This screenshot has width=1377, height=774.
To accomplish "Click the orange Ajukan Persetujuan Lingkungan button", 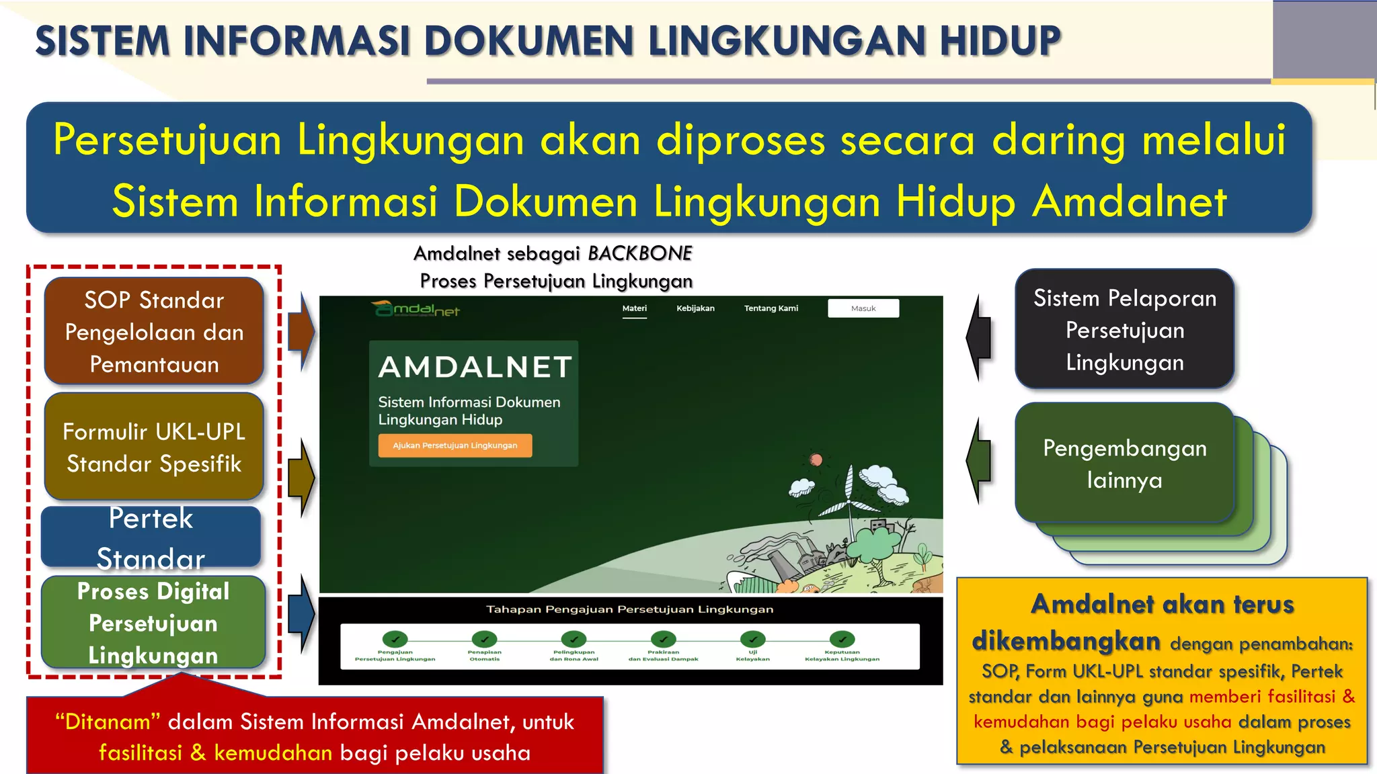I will point(455,445).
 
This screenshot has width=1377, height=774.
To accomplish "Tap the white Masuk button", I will point(863,308).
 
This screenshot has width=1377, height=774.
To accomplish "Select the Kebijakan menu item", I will point(695,308).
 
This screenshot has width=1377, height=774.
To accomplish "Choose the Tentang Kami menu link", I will point(771,308).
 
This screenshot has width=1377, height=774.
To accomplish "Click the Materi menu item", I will point(634,308).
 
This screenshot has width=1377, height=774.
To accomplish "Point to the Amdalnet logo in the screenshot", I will point(416,310).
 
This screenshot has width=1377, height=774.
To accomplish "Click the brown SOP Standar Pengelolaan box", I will point(154,332).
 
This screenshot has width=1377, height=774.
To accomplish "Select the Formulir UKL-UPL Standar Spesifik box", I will point(154,447).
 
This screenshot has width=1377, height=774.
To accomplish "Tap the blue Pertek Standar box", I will point(151,537).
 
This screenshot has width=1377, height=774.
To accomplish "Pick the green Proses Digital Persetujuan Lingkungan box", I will point(153,623).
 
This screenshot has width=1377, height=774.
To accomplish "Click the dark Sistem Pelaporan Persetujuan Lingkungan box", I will point(1124,330).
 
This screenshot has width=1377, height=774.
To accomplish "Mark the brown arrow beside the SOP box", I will point(301,332).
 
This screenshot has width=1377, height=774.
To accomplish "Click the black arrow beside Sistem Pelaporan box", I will point(979,337).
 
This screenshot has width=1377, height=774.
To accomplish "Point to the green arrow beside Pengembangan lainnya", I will point(979,461).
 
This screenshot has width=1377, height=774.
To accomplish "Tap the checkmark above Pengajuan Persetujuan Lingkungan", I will point(395,639).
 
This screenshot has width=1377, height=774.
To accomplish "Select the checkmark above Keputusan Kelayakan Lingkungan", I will point(842,639).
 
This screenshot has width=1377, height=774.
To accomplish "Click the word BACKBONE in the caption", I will point(639,253).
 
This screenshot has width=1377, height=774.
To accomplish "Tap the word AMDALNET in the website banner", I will point(475,368).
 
